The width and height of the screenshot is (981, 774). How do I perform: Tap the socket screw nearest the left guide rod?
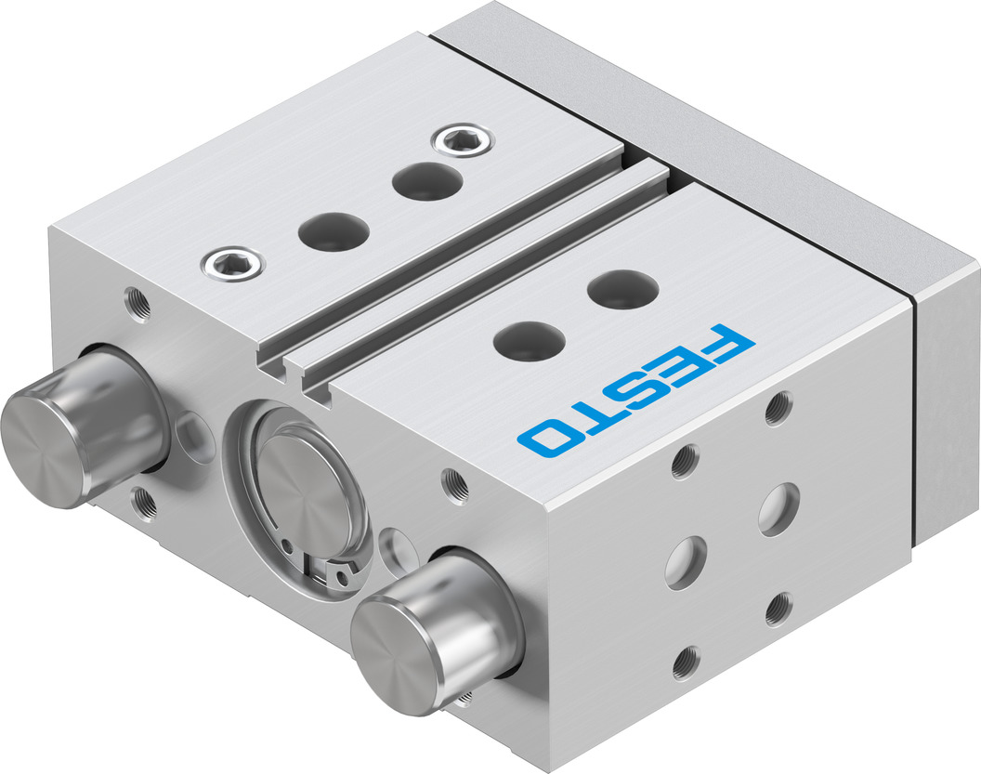pyautogui.click(x=233, y=264)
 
